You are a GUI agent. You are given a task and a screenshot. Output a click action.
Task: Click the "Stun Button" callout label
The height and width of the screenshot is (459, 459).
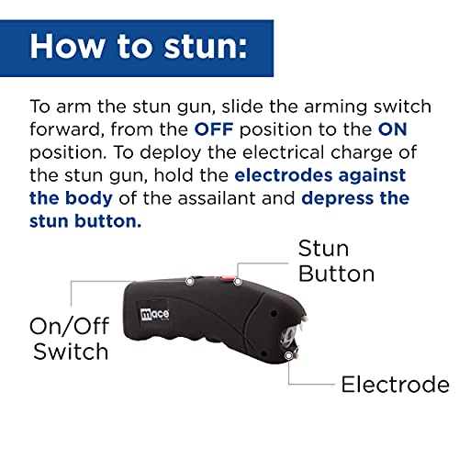[336, 261]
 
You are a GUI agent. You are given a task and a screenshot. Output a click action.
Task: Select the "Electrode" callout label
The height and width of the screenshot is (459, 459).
[395, 384]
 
